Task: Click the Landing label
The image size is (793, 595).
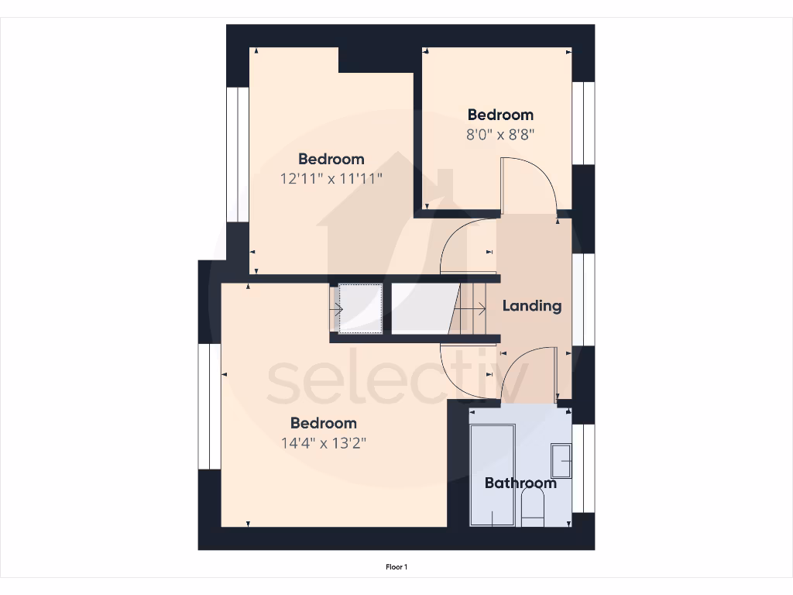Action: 532,305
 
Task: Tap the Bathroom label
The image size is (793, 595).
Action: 520,483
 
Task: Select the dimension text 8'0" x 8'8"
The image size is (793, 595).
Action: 501,134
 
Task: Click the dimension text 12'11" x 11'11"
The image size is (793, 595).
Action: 331,178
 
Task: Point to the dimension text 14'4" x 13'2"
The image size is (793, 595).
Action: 324,443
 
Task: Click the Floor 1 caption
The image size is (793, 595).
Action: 396,567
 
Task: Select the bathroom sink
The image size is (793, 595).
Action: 561,460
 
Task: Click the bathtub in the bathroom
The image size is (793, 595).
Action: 493,475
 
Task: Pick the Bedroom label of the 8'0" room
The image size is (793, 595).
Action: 500,115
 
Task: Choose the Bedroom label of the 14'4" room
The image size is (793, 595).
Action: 324,423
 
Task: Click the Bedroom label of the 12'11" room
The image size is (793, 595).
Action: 331,159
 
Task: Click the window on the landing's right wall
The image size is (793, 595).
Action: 584,298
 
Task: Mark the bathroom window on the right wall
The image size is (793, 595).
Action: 584,468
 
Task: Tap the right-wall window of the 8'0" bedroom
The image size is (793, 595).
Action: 584,122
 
